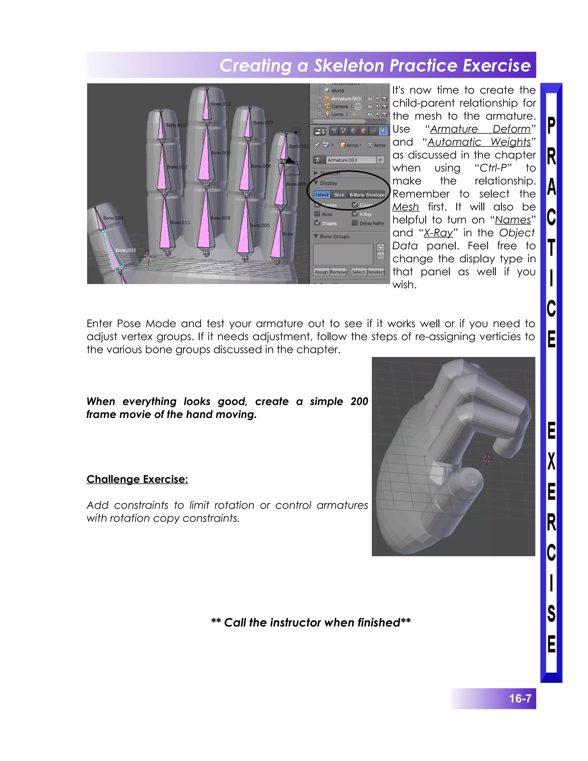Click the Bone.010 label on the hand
pos(221,104)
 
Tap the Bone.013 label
pos(175,125)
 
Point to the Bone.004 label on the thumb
pos(113,218)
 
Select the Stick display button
pos(339,195)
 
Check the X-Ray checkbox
pos(355,214)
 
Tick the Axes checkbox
pos(317,214)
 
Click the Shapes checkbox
pos(317,223)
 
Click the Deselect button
pos(376,272)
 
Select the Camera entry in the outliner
pos(339,107)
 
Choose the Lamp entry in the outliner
pos(337,114)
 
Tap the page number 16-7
pos(520,698)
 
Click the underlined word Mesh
pos(405,207)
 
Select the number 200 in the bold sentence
pos(359,401)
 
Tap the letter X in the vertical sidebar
pos(551,461)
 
